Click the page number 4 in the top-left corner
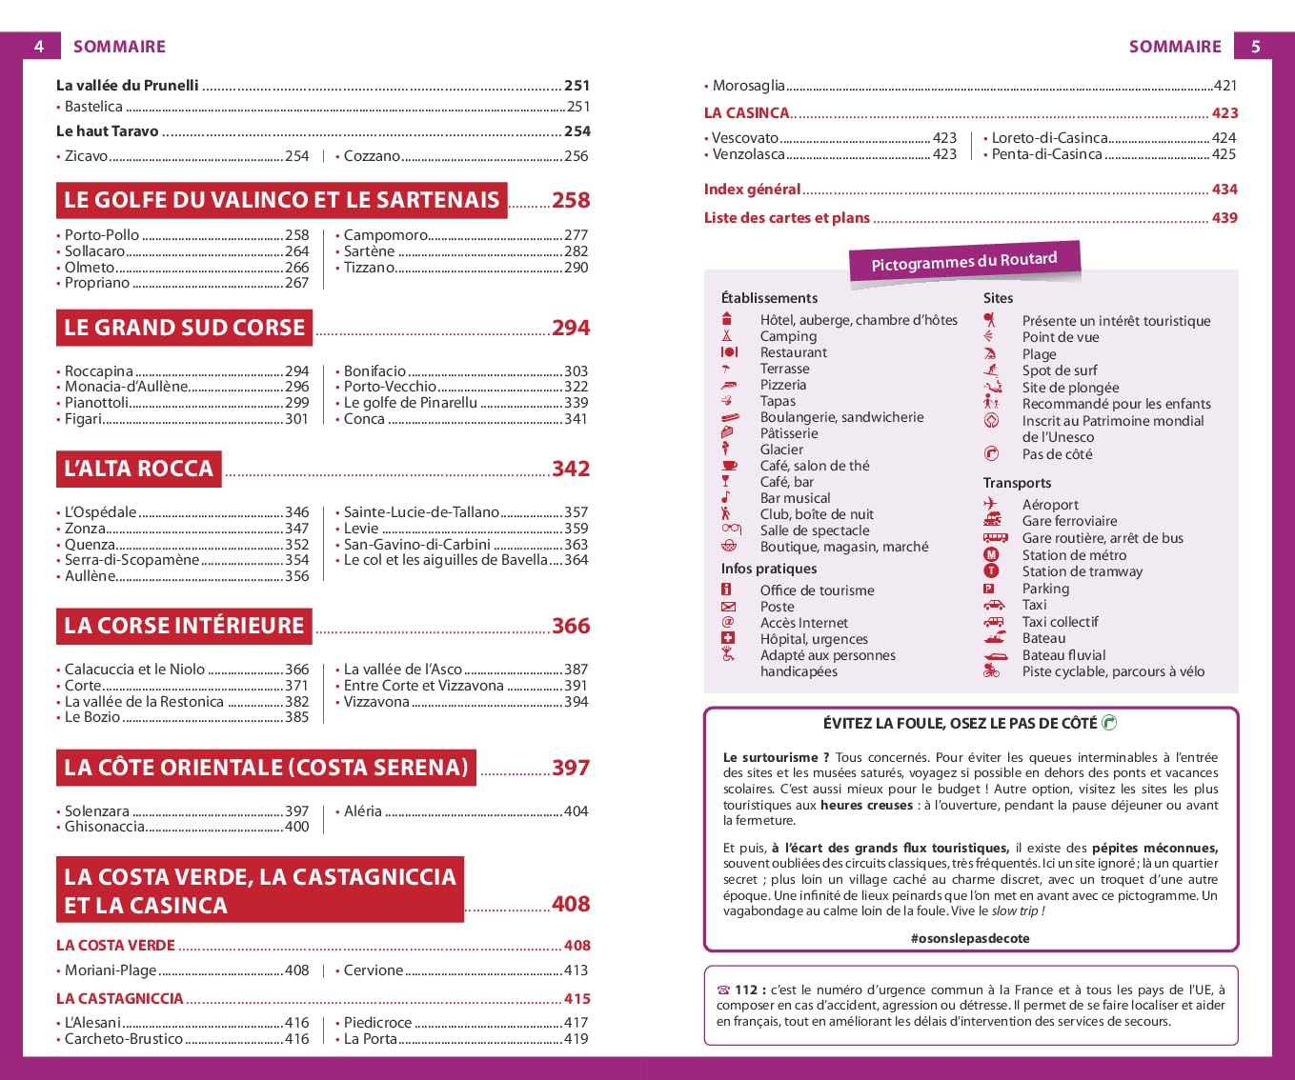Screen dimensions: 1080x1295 39,46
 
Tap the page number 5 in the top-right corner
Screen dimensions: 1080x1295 1255,46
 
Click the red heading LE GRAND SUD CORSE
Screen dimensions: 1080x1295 185,328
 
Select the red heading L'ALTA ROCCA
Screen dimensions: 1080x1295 139,469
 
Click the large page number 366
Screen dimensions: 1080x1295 571,626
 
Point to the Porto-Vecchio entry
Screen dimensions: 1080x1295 390,387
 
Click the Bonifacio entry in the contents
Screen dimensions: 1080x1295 374,370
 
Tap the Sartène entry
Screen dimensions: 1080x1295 369,251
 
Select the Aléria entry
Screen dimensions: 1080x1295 362,811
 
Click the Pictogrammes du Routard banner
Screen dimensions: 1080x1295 964,261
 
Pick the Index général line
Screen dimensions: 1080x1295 752,190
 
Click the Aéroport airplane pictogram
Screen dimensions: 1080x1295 991,504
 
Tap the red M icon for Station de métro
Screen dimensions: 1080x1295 991,554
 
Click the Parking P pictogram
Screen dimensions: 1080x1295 989,589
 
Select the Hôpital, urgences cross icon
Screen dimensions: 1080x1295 728,638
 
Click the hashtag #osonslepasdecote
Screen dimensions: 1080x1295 970,938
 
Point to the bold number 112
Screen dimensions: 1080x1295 746,990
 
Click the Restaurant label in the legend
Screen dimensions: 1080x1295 793,352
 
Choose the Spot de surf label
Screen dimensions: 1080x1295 1060,370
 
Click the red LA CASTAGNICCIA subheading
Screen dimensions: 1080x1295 120,999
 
